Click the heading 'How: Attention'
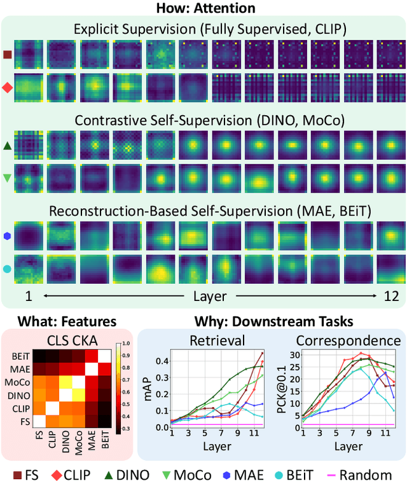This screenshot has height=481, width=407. [x=203, y=8]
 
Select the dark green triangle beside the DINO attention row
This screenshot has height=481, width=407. [x=8, y=146]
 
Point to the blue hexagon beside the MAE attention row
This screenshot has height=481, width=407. [x=8, y=235]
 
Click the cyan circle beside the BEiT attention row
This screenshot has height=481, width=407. [x=8, y=270]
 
